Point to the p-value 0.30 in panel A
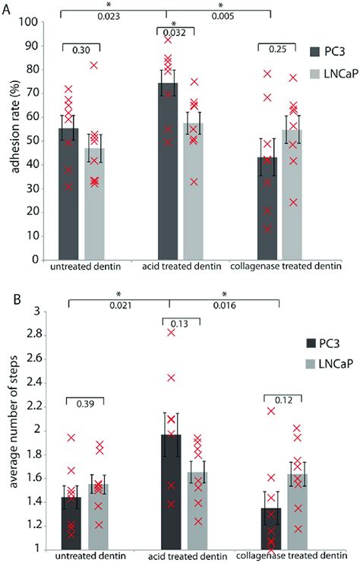tap(81, 50)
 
